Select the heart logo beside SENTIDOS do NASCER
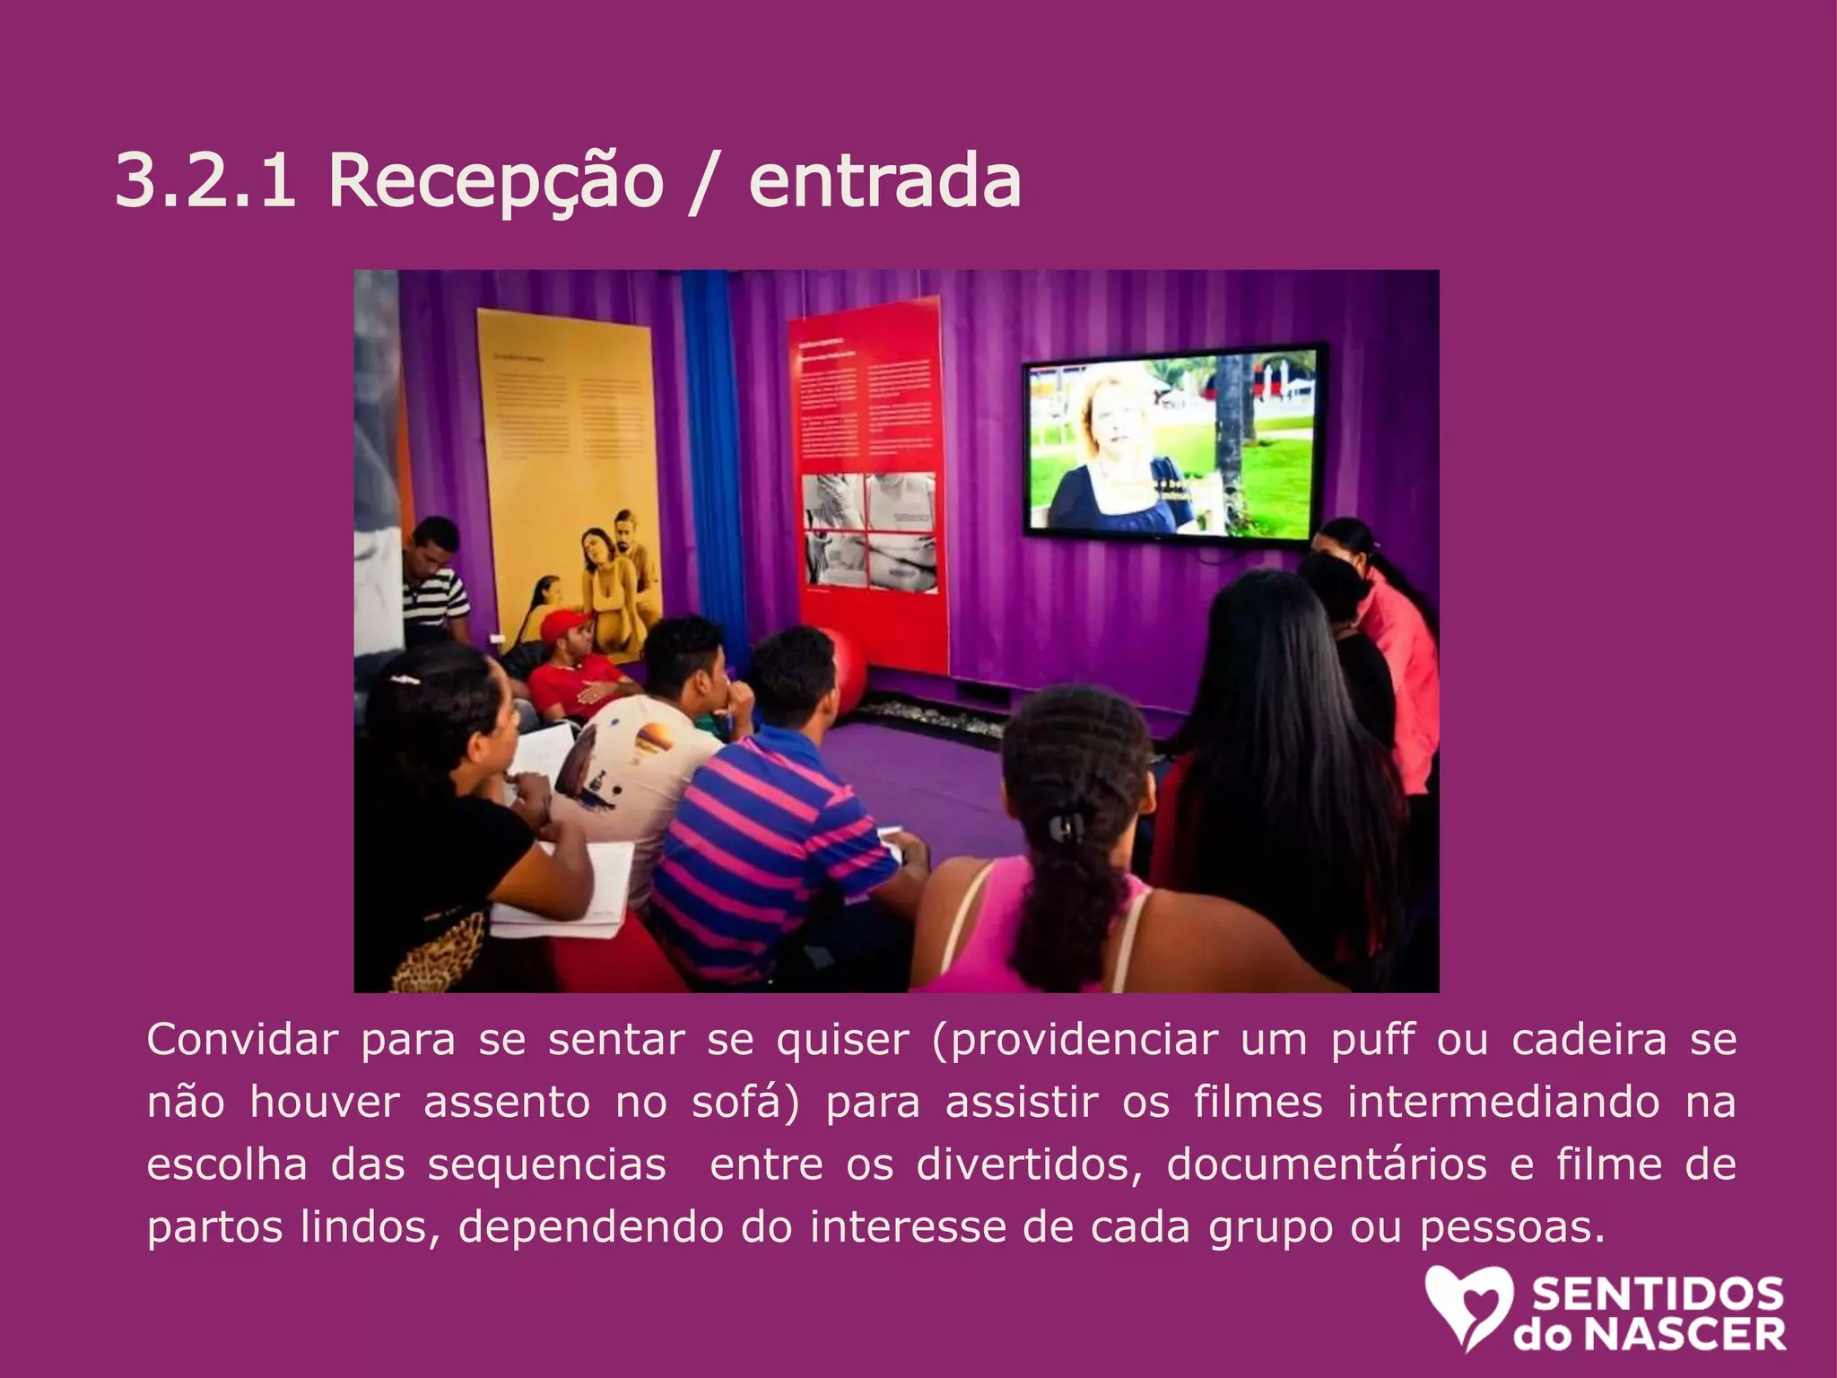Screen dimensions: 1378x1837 1467,1305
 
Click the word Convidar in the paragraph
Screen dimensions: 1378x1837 242,1041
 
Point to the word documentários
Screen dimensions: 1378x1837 1327,1164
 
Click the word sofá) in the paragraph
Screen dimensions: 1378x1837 745,1102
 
